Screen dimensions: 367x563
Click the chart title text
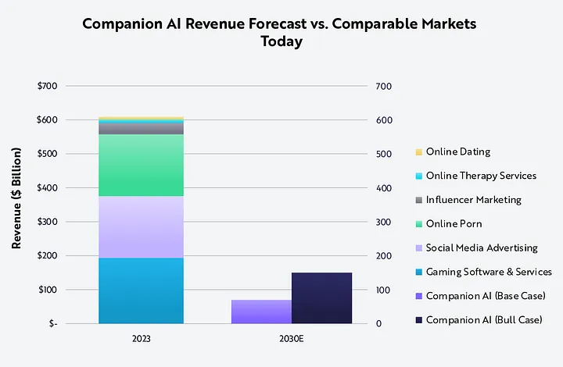click(280, 33)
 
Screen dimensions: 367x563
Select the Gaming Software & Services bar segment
click(141, 290)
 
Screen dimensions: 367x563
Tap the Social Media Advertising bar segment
click(141, 227)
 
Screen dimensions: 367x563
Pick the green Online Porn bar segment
click(141, 165)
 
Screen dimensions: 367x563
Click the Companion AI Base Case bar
click(261, 311)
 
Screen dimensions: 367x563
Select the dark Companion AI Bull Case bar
click(321, 298)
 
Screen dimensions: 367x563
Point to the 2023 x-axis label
click(141, 338)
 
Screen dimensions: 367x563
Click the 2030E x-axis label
click(292, 338)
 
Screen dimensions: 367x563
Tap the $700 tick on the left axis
click(47, 86)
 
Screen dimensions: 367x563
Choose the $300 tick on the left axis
click(47, 222)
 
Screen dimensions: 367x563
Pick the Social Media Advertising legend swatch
click(419, 248)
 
